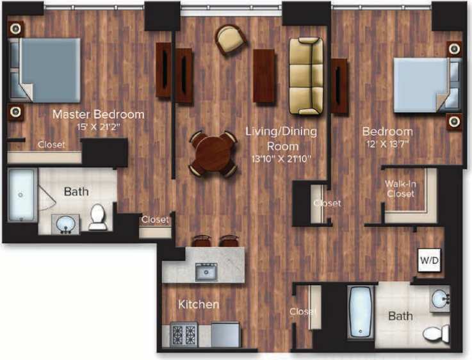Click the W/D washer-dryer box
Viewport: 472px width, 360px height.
[x=428, y=261]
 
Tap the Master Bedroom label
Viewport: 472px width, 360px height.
[x=98, y=115]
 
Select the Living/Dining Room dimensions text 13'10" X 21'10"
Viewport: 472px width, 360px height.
[x=282, y=157]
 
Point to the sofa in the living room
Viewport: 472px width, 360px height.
[x=306, y=76]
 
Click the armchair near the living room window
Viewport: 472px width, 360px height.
[x=230, y=40]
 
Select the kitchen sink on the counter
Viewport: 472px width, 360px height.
[x=206, y=272]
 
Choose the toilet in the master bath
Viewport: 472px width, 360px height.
[x=98, y=217]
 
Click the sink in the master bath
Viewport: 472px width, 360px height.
[x=65, y=224]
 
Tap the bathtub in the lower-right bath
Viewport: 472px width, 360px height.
[x=359, y=313]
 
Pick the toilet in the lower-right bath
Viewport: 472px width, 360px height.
[x=438, y=334]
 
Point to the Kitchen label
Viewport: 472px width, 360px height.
[x=199, y=304]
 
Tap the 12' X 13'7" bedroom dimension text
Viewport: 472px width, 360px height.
[x=387, y=143]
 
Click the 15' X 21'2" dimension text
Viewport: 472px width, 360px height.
[x=98, y=126]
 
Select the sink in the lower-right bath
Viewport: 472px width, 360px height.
[x=440, y=299]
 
